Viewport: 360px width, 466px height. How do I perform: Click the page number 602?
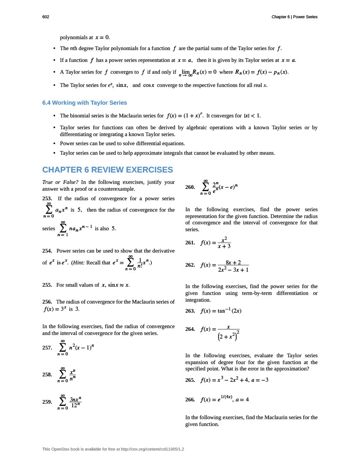point(46,17)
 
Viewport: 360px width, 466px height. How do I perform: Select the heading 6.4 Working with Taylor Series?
point(84,103)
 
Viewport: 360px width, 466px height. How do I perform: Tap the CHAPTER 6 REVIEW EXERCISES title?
point(107,170)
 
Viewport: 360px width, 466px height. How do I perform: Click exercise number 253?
point(47,198)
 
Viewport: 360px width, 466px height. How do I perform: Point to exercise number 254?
point(47,251)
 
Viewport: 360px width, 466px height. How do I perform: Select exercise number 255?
point(47,285)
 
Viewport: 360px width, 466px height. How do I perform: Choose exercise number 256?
point(47,302)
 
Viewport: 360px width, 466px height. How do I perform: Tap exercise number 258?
point(47,375)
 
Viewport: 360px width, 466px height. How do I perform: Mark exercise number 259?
point(47,402)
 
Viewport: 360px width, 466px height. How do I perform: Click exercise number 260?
point(191,187)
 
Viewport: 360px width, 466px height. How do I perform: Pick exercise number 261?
point(191,243)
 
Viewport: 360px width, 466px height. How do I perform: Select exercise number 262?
point(191,265)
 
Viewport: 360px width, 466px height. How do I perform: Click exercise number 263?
point(191,311)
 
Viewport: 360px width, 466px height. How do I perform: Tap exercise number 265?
point(191,380)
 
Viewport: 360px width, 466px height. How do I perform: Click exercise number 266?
point(191,400)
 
